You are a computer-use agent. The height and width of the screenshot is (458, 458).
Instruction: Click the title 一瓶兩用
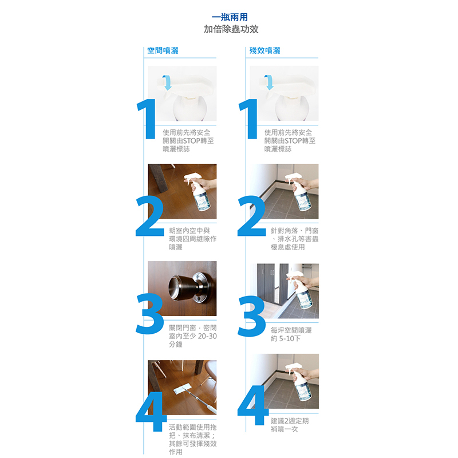[230, 17]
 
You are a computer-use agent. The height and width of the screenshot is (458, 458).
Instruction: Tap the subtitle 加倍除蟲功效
[231, 29]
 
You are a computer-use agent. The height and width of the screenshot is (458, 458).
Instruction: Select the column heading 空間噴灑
[163, 50]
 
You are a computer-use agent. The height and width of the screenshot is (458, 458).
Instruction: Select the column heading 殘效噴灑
[264, 50]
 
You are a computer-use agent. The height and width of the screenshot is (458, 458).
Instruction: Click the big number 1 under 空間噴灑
[148, 119]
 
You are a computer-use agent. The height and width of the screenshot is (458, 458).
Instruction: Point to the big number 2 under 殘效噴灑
[251, 216]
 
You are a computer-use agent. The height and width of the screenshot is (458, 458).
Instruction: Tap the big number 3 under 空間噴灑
[149, 314]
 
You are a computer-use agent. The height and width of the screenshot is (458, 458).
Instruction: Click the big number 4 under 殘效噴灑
[252, 405]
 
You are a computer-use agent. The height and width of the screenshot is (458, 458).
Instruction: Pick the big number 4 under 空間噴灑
[151, 411]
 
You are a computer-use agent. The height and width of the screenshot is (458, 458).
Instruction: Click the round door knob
[187, 288]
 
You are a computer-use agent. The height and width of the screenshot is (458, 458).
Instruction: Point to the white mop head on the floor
[183, 389]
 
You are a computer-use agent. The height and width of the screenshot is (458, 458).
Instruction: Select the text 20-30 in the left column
[207, 336]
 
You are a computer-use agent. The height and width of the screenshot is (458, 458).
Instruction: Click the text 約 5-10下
[285, 338]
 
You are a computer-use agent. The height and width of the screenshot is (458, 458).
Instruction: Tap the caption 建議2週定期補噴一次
[290, 425]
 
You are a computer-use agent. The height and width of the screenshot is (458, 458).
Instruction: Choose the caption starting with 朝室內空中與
[193, 239]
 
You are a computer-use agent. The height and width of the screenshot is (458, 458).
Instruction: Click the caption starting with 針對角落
[294, 239]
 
